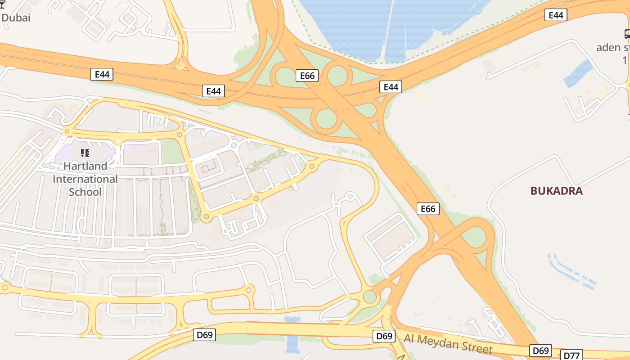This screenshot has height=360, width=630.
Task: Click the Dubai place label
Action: (16, 18)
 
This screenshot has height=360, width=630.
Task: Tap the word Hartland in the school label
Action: (79, 166)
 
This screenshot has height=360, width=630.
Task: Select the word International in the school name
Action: (85, 179)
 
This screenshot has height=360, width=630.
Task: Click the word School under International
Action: (85, 192)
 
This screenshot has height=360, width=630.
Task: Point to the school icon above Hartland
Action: (85, 153)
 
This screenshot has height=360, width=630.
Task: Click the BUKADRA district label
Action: (556, 191)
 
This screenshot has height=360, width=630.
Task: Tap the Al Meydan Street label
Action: (448, 344)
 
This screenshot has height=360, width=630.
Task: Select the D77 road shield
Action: (571, 355)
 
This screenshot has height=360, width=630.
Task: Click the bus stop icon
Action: (627, 34)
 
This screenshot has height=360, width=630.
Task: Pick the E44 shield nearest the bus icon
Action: (556, 15)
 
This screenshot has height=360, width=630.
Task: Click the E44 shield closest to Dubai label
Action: (102, 74)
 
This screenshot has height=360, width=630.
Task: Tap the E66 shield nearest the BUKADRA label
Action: (427, 209)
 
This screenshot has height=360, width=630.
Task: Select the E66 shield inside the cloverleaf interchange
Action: (307, 76)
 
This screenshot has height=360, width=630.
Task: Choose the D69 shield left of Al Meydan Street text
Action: (384, 336)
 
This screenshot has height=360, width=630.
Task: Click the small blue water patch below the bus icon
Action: (579, 73)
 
